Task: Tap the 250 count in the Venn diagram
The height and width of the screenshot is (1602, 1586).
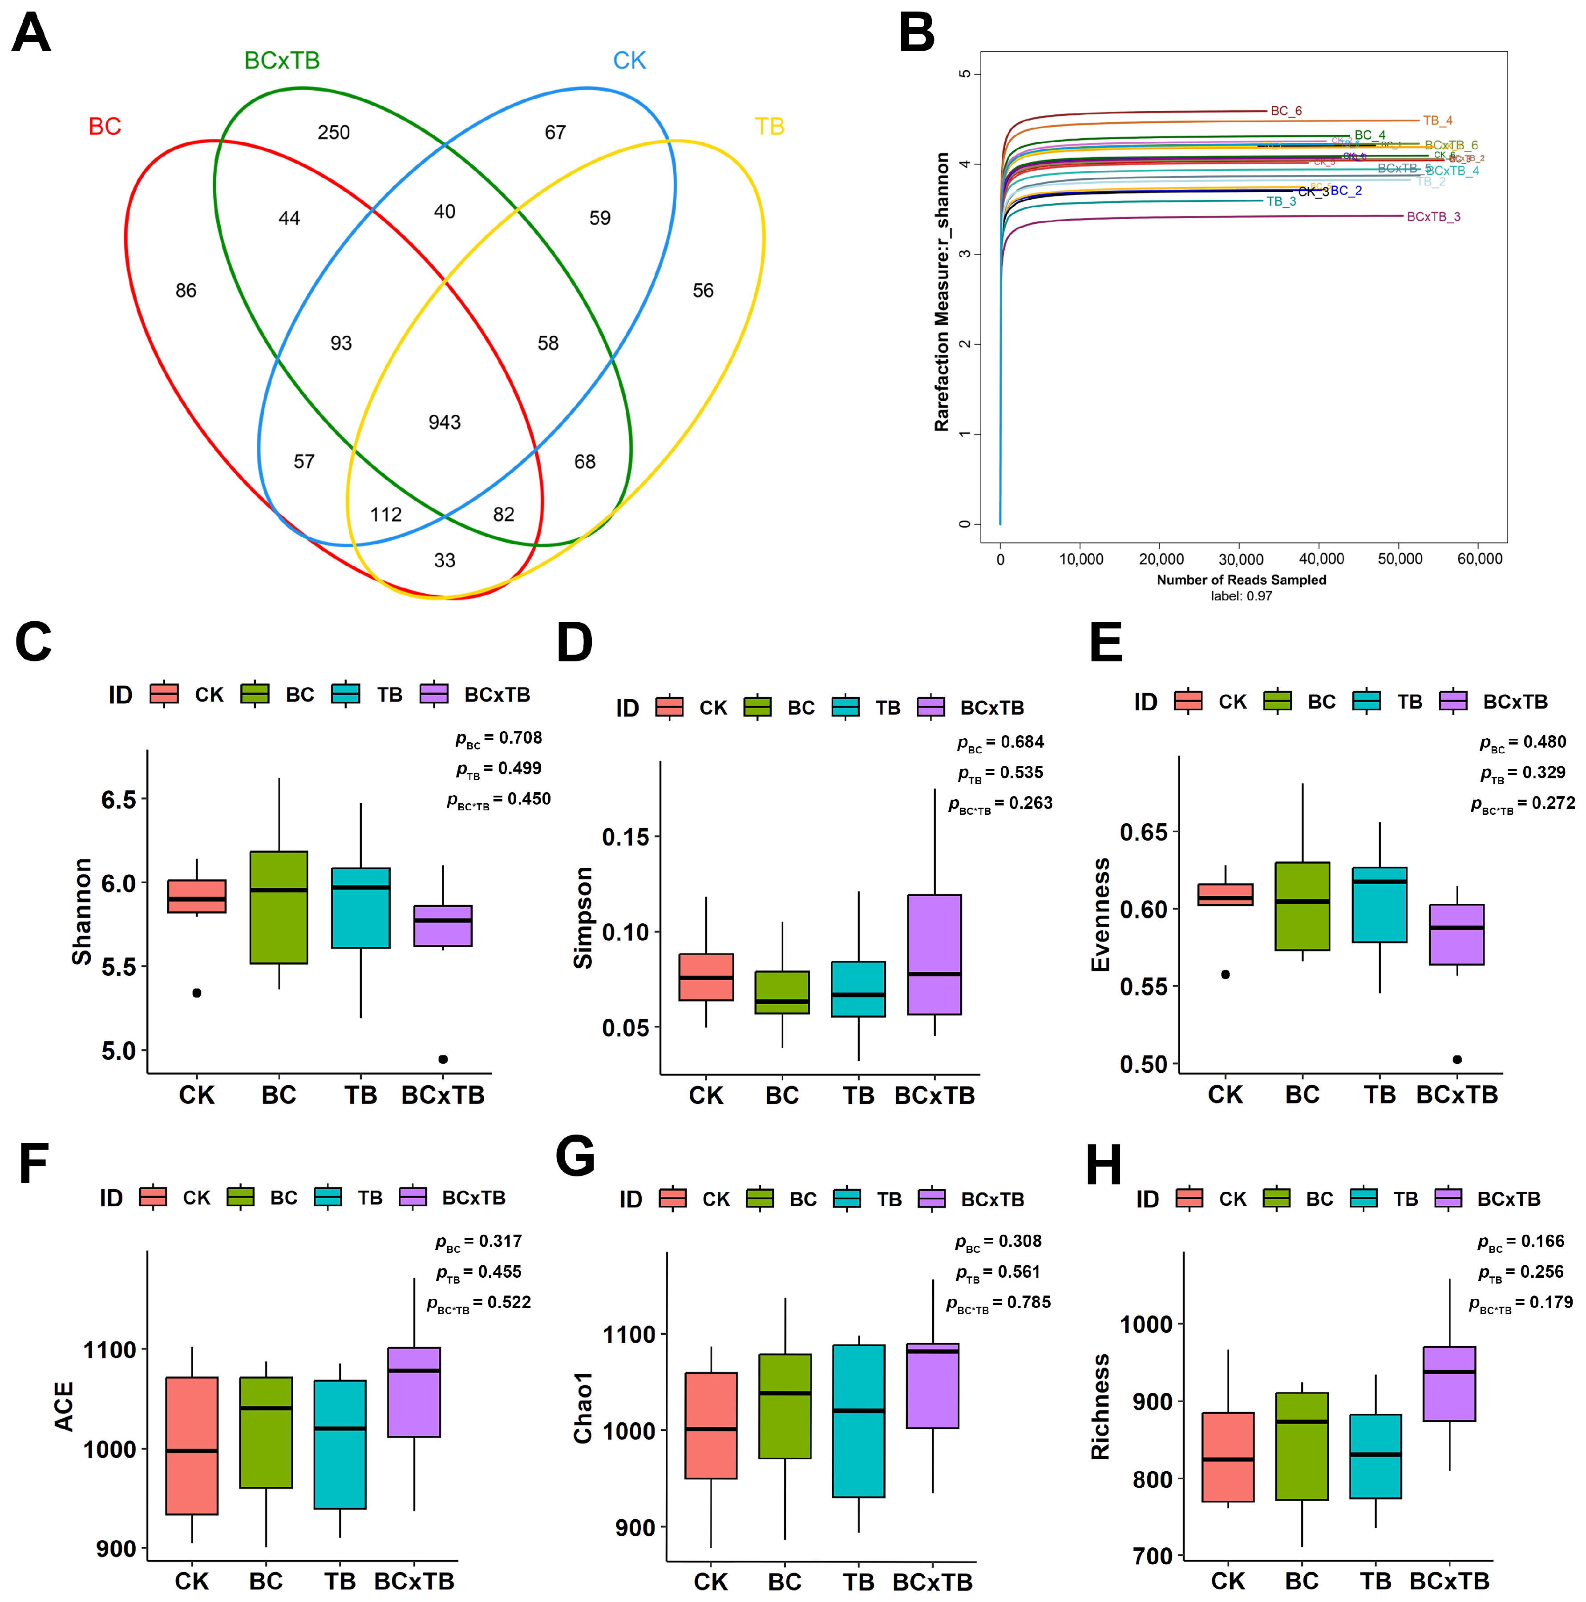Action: (333, 133)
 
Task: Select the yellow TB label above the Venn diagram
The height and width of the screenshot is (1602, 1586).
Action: (769, 127)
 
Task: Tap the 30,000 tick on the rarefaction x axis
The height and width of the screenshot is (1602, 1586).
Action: (1241, 559)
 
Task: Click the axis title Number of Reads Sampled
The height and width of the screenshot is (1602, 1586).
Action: (1241, 580)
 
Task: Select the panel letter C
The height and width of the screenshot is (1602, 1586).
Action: (33, 643)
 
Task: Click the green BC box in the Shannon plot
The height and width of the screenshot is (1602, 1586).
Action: (279, 907)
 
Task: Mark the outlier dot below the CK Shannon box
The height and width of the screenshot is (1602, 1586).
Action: (197, 993)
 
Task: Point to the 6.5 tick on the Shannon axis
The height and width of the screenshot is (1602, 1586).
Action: (118, 799)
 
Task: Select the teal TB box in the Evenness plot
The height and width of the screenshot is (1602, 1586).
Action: (1380, 905)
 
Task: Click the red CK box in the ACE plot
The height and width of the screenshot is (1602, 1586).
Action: (192, 1445)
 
